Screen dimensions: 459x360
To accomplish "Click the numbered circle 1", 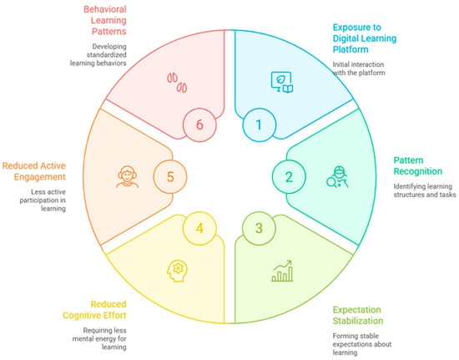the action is (x=259, y=124).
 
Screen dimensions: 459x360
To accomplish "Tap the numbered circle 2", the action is (x=289, y=176).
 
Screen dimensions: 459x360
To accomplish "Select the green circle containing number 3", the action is (x=259, y=228).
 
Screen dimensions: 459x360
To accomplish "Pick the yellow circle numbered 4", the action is (x=199, y=228).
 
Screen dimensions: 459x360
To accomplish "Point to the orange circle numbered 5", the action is (x=170, y=176).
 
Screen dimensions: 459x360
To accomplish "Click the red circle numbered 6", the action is (x=199, y=124).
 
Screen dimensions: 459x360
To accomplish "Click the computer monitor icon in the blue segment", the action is (x=282, y=83).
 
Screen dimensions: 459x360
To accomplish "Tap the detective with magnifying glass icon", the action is (x=337, y=176).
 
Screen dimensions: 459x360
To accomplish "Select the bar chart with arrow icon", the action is (x=282, y=271).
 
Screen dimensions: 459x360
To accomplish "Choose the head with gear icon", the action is (x=177, y=271).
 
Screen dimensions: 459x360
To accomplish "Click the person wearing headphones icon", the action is (x=127, y=176).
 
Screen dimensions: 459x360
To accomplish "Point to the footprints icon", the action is (x=177, y=83).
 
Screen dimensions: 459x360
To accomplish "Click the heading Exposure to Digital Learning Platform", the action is (x=365, y=38).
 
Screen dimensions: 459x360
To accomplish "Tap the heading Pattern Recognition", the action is (x=418, y=165).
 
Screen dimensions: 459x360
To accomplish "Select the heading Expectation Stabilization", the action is (x=358, y=315).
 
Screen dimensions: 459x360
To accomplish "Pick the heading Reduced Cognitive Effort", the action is (x=94, y=310).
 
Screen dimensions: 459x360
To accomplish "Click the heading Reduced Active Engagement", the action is (x=34, y=171).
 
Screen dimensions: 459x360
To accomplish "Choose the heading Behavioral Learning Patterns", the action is (x=105, y=20).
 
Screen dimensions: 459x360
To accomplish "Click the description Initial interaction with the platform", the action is (x=359, y=68).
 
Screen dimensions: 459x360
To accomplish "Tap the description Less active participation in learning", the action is (x=43, y=200).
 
